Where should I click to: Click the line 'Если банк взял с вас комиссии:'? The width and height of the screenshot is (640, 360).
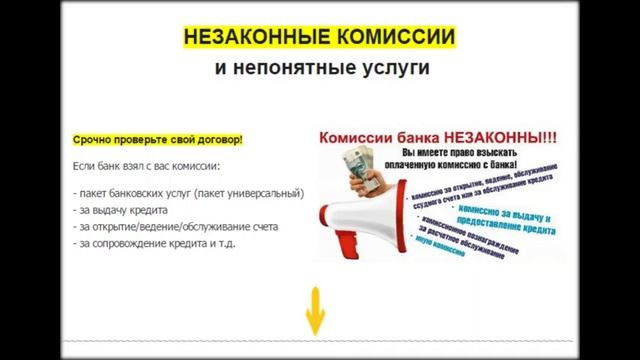[146, 165]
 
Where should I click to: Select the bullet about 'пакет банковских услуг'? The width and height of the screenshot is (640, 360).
[189, 193]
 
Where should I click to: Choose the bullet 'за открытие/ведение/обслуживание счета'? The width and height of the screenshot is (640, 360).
[175, 226]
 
